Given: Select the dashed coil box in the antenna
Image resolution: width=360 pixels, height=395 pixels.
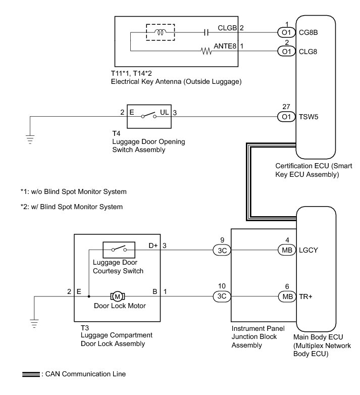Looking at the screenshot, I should tap(161, 33).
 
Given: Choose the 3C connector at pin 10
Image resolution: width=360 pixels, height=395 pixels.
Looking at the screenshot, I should tap(221, 296).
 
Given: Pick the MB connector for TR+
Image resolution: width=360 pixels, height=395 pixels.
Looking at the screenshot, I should tap(286, 296).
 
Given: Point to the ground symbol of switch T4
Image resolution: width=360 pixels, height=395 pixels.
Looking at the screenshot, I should tap(30, 136).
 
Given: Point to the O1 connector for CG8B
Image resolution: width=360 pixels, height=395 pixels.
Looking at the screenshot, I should tap(286, 32).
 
